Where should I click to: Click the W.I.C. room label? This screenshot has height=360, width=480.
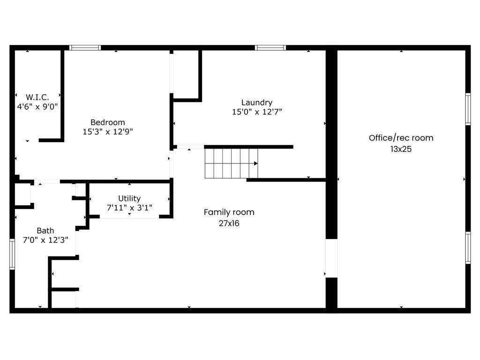[37, 97]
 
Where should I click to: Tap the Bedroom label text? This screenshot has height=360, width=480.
[108, 122]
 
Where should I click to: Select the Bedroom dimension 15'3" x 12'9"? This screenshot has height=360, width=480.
[108, 132]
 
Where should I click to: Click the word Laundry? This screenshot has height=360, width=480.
[256, 102]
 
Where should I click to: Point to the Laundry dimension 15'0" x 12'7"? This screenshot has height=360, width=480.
[256, 112]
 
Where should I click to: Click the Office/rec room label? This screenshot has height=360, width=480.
[401, 138]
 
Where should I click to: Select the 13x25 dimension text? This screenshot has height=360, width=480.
[401, 149]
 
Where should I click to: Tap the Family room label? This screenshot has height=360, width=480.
[229, 212]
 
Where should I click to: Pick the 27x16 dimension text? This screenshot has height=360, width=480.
[229, 223]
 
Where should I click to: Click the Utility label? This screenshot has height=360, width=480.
[129, 198]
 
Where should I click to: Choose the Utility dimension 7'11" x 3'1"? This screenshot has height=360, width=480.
[129, 208]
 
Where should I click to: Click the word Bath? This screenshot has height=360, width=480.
[45, 230]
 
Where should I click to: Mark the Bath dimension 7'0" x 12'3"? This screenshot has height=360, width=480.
[45, 240]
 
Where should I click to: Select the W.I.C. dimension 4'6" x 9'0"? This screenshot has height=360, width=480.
[37, 106]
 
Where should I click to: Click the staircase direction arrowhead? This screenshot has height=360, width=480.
[256, 164]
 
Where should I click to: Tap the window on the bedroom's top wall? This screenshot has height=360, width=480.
[85, 47]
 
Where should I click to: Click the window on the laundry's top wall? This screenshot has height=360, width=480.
[270, 47]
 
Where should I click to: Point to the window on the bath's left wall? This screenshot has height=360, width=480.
[12, 254]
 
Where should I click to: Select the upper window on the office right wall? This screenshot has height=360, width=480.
[468, 109]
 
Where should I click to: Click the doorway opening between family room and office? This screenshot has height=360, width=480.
[331, 258]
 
